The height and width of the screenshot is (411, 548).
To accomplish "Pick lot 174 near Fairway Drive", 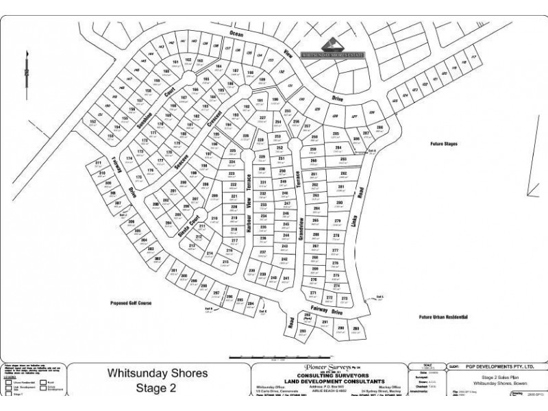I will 129,158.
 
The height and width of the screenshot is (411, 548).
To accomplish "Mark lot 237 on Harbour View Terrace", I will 262,253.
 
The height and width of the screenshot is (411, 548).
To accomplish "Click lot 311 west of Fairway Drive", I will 99,163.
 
